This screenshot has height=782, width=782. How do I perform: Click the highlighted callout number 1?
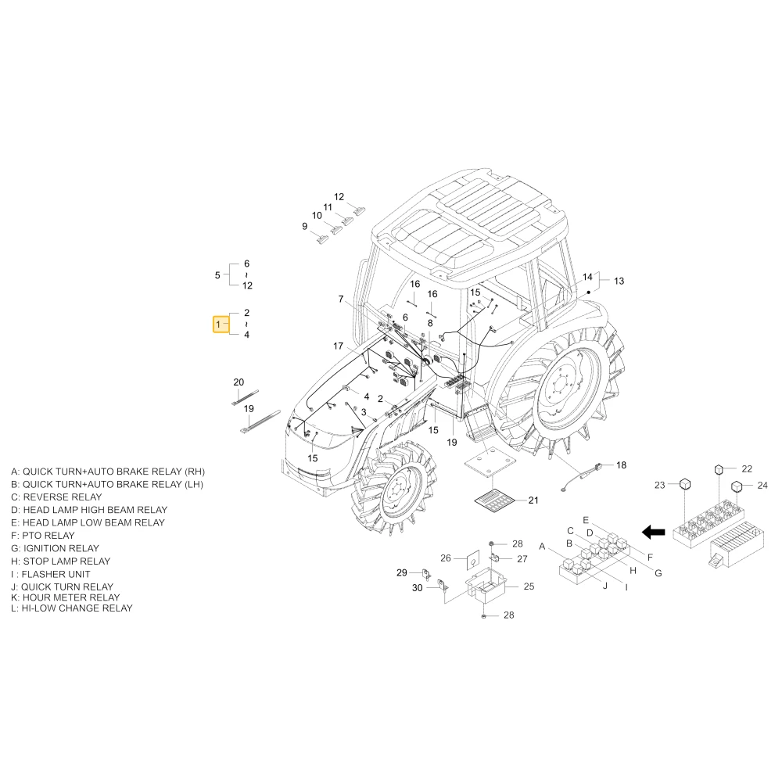point(218,325)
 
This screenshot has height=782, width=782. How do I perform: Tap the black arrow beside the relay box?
point(653,532)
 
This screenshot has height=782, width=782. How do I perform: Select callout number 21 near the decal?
point(533,500)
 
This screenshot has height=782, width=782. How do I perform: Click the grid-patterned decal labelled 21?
point(493,500)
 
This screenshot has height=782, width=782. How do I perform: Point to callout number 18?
point(621,465)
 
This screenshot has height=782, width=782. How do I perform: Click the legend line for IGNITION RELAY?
point(55,548)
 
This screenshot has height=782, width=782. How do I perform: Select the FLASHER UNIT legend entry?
point(50,574)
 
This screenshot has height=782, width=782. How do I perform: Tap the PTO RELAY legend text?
point(43,535)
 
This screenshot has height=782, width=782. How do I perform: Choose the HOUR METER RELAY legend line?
point(66,597)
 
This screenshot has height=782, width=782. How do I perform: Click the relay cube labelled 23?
point(685,484)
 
